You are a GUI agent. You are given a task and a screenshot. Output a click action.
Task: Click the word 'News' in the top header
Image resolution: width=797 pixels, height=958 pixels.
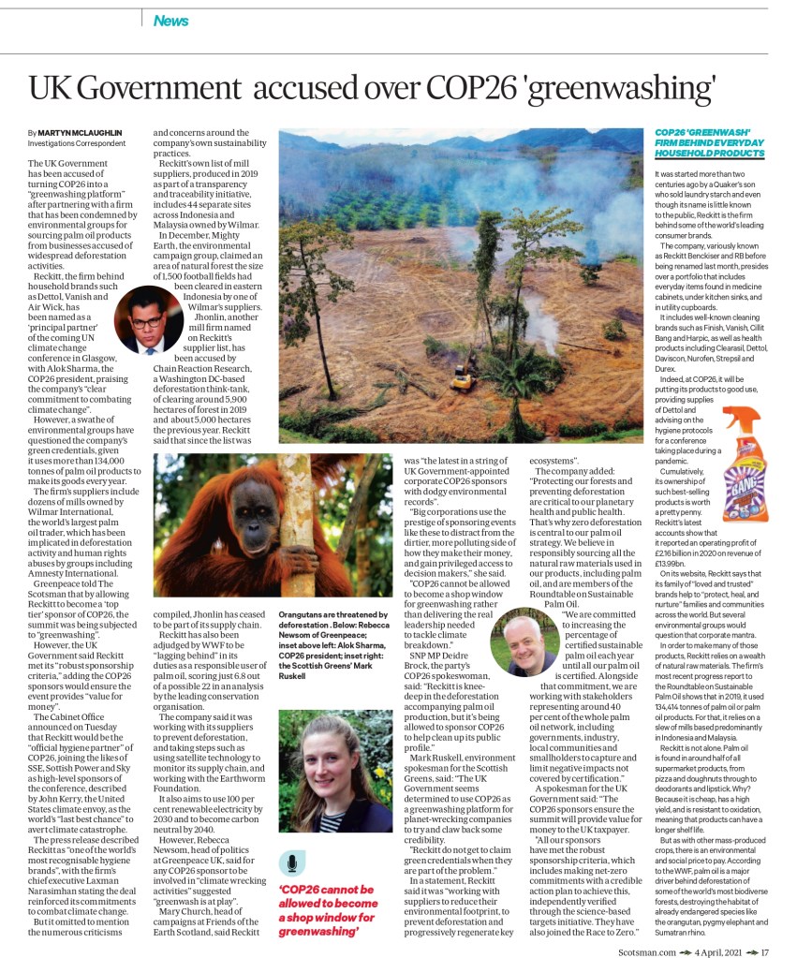[170, 21]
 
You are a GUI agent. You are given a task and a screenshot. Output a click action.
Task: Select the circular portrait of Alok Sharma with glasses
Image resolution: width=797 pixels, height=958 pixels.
[146, 321]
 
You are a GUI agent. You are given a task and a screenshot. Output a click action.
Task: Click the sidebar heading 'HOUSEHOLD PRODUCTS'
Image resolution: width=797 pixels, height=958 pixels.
[709, 153]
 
